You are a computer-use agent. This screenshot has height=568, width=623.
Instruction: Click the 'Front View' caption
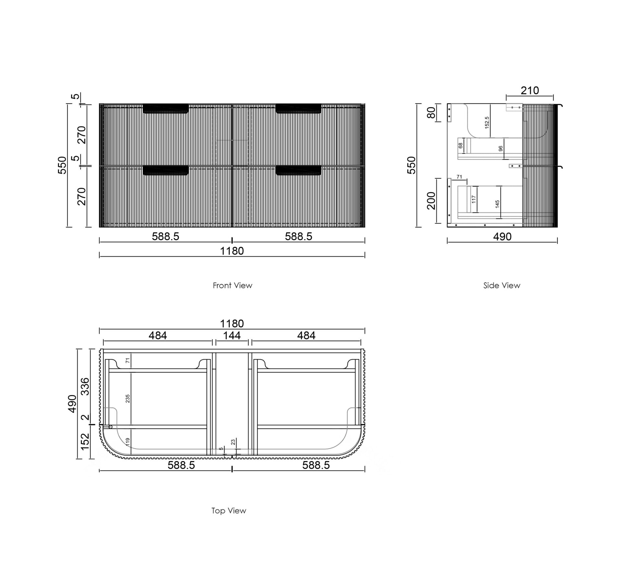coord(232,285)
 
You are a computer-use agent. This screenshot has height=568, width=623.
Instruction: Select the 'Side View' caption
coord(502,285)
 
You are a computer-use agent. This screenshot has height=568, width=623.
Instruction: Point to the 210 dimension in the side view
coord(530,90)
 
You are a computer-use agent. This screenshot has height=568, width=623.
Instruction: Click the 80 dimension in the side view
coord(431,113)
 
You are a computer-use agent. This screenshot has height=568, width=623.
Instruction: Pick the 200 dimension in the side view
coord(431,201)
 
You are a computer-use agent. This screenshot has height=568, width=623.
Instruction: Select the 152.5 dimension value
coord(487,123)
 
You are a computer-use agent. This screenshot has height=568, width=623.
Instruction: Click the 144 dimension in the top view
coord(232,335)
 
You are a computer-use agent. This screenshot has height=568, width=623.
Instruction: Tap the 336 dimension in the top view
coord(85,386)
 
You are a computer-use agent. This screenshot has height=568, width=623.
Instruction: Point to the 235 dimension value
coord(128,399)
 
